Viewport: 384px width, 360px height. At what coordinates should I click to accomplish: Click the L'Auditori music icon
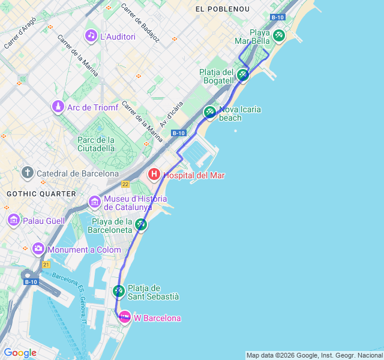point(91,36)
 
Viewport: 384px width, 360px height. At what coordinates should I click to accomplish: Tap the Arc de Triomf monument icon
point(58,107)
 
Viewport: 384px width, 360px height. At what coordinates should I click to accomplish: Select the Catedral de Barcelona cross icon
point(28,173)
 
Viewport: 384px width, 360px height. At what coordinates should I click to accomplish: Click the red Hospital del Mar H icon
point(154,175)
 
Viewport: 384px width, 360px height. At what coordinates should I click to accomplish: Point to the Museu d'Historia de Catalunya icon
point(95,202)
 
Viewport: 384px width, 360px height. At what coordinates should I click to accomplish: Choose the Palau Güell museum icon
point(14,221)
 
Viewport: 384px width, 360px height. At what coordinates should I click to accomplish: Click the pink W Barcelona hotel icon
point(124,317)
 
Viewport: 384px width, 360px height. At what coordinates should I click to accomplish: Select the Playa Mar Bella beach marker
point(278,35)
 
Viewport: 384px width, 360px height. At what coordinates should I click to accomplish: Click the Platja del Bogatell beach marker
point(242,74)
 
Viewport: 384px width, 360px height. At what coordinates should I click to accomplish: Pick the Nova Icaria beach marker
point(209,112)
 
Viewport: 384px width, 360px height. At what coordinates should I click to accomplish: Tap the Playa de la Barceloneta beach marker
point(140,224)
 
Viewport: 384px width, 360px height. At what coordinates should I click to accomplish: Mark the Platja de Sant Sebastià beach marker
point(119,291)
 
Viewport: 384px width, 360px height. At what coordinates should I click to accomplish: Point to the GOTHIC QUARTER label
point(41,194)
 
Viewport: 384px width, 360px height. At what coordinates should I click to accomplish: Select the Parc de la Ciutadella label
point(96,144)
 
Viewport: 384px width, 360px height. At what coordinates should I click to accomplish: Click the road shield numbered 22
point(125,184)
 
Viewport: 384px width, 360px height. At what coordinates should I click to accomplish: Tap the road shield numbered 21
point(46,264)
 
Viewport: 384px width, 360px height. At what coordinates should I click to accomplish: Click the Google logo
point(20,353)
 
